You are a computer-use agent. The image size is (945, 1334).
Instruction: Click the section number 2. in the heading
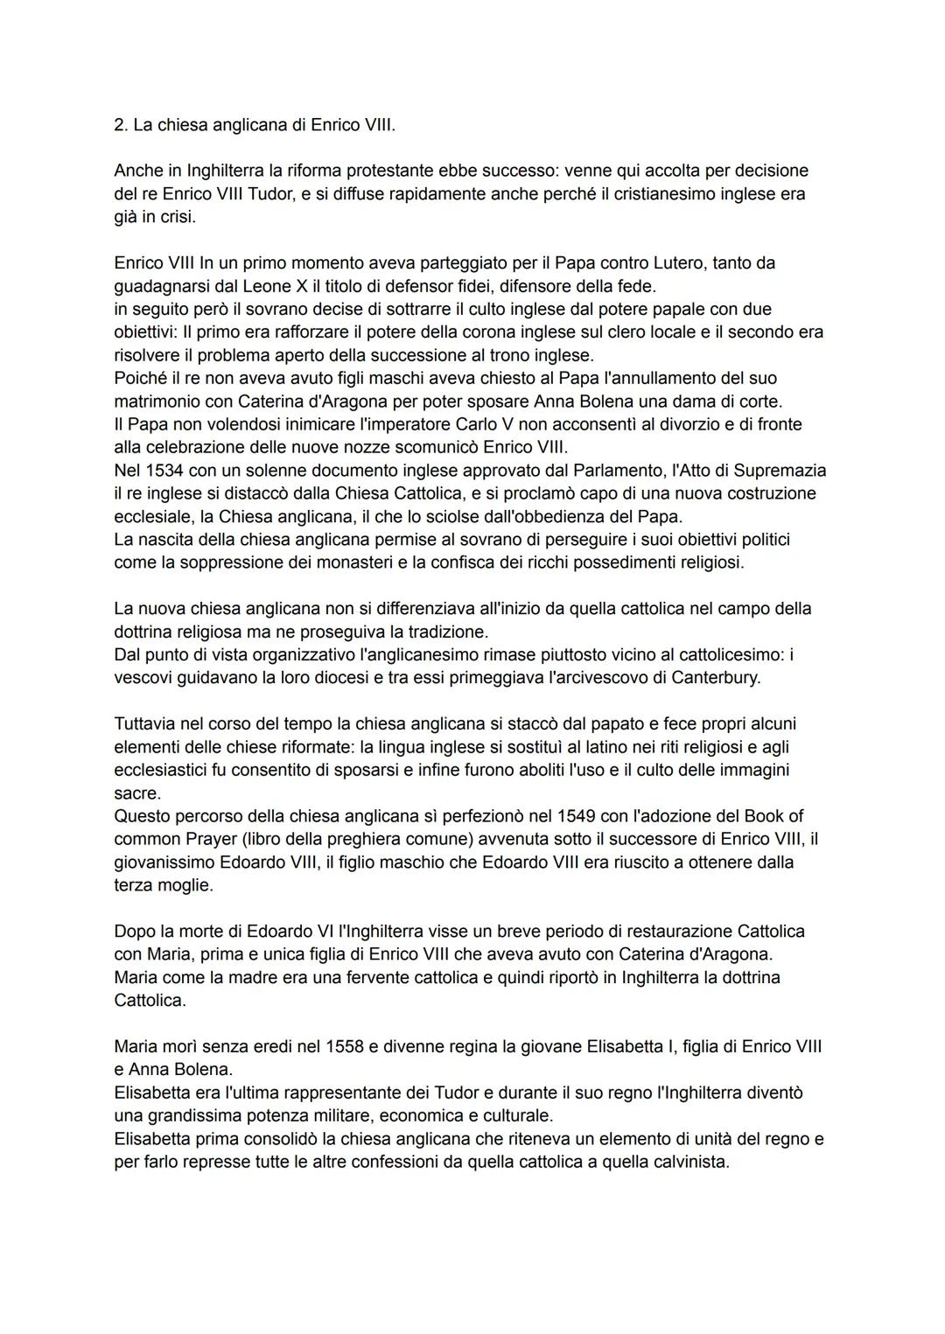[121, 125]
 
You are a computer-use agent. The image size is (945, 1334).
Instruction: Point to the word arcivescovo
[594, 678]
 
